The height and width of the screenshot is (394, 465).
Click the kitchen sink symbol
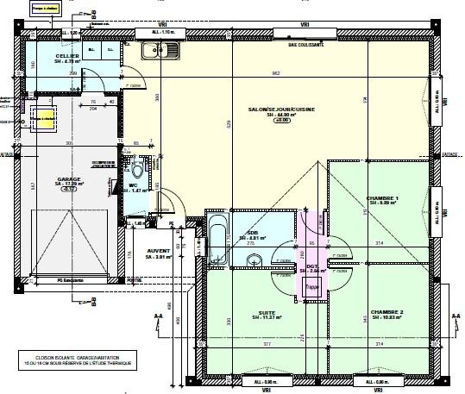tap(160, 52)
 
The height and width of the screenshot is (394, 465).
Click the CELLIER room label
tap(69, 58)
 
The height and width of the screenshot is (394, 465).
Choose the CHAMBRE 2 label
tap(387, 314)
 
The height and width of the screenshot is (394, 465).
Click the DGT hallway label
tap(312, 268)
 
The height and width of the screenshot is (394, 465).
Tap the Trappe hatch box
tap(311, 288)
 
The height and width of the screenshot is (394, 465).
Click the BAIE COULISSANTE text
tap(305, 43)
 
